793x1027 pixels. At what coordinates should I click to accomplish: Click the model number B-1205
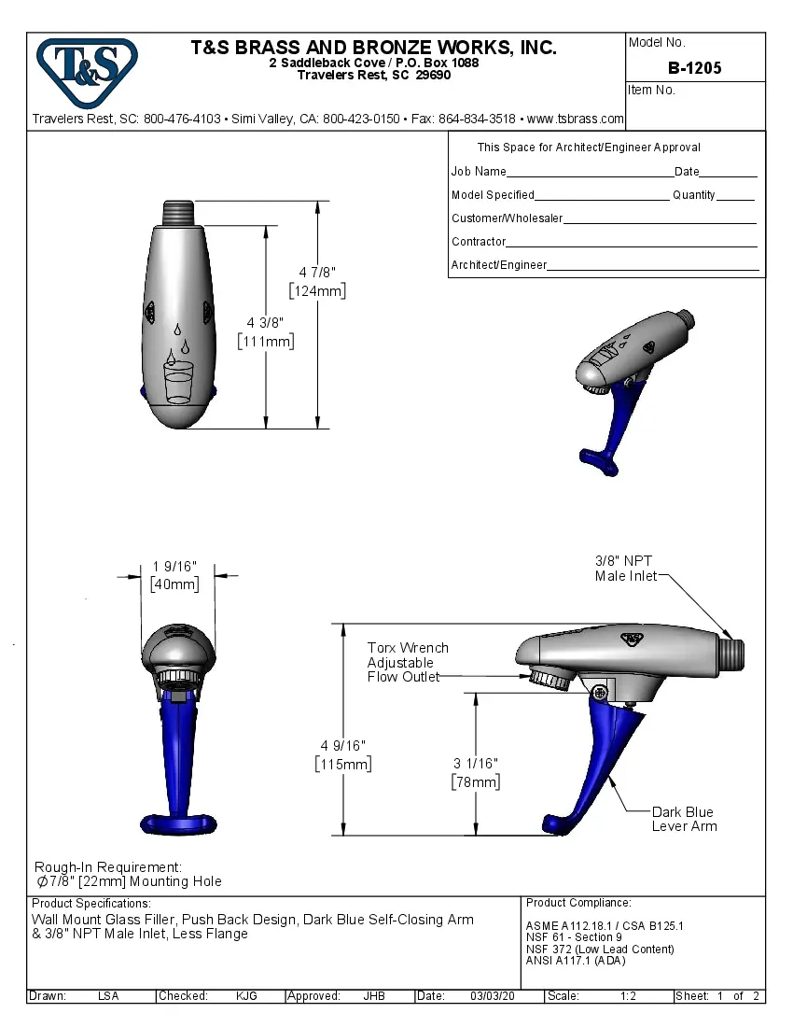694,68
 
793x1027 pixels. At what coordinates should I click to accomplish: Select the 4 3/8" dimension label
266,332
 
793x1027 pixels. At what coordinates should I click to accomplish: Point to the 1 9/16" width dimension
175,576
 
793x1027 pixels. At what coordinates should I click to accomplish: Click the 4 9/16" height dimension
343,754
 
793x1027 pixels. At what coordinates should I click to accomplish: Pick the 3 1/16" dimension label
476,773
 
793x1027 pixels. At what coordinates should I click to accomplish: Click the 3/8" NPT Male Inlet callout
624,569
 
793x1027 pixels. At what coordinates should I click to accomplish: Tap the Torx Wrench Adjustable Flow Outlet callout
407,662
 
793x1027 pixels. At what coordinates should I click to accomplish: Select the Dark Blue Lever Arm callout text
684,819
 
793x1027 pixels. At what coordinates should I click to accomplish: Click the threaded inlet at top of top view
178,212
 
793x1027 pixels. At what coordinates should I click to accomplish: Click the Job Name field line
590,173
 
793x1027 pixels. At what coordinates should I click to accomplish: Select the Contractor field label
479,242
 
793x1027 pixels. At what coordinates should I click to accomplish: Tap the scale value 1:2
628,996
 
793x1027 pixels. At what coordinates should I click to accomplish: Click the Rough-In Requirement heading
108,867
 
